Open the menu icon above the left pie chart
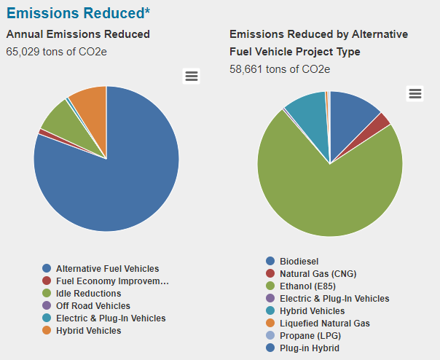pyautogui.click(x=191, y=77)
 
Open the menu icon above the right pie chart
pyautogui.click(x=415, y=93)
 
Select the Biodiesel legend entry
pyautogui.click(x=299, y=261)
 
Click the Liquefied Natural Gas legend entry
pyautogui.click(x=324, y=323)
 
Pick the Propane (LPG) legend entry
pyautogui.click(x=310, y=335)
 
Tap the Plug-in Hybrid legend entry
pyautogui.click(x=309, y=348)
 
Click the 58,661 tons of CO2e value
pyautogui.click(x=280, y=69)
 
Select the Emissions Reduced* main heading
pyautogui.click(x=79, y=13)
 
